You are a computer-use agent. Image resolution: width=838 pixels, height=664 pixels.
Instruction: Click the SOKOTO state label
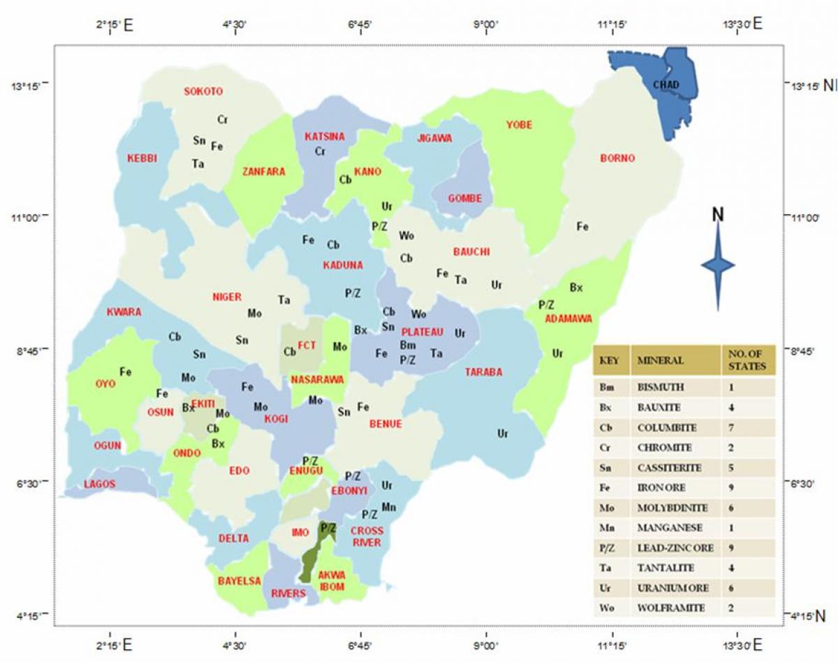(203, 91)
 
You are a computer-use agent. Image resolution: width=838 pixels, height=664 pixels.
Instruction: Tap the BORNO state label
(617, 158)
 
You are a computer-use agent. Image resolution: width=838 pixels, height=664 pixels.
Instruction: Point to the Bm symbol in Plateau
(408, 346)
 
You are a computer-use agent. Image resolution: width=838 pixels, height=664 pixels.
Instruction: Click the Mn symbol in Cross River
(389, 507)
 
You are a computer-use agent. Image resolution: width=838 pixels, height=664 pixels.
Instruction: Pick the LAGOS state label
(99, 484)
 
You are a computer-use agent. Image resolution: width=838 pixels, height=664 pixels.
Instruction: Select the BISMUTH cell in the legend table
(661, 387)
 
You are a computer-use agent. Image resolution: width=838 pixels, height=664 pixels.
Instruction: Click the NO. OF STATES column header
(747, 360)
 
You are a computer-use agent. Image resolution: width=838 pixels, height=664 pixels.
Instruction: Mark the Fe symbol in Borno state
(582, 226)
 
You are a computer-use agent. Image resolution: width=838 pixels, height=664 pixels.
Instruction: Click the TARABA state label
(484, 372)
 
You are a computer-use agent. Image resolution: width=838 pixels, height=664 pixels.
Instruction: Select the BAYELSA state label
(239, 580)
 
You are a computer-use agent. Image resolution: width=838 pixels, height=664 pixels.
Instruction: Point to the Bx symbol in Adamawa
(576, 287)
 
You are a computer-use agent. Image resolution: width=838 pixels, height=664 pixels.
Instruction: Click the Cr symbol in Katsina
(320, 151)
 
